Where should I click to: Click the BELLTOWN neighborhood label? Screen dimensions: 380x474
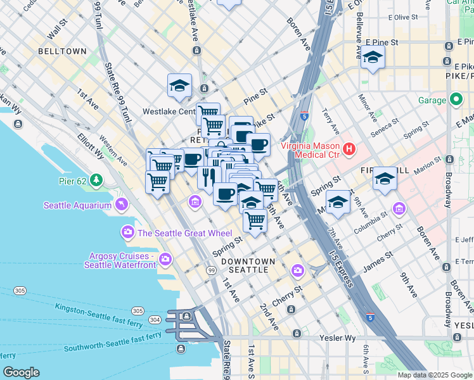(x=62, y=51)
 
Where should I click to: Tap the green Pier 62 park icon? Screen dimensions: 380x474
(x=96, y=180)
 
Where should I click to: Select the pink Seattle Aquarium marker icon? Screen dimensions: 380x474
(x=122, y=205)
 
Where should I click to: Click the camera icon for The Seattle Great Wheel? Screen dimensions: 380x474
(x=129, y=232)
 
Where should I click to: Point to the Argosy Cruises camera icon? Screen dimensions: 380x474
(x=165, y=258)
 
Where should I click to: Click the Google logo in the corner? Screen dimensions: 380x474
(x=21, y=372)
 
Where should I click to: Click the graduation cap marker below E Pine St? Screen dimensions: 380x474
(x=373, y=58)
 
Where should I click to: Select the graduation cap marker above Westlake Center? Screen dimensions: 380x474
(x=179, y=85)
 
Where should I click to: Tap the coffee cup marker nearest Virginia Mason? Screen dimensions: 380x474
(x=259, y=144)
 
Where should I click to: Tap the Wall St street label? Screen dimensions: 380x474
(x=58, y=29)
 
